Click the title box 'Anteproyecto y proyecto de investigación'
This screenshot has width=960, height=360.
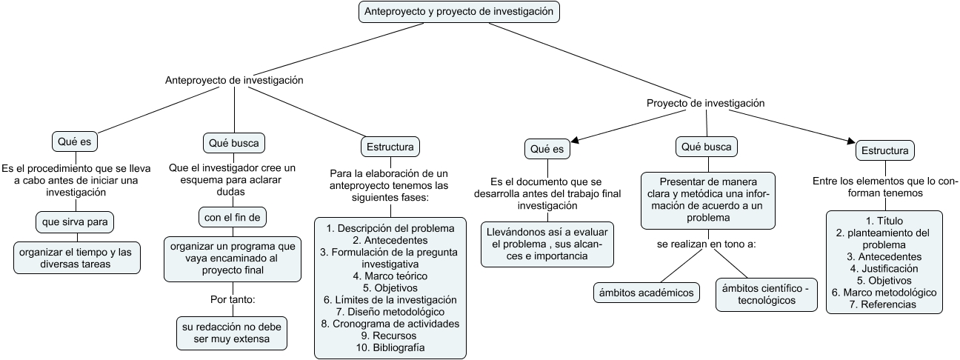(x=459, y=12)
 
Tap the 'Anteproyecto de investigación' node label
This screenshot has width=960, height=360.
(x=234, y=80)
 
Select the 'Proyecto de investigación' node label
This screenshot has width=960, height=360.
(x=705, y=104)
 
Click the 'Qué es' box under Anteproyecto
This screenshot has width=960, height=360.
(x=76, y=141)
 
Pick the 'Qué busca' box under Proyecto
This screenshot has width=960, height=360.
(x=707, y=147)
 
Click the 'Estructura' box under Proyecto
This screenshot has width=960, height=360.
(x=884, y=151)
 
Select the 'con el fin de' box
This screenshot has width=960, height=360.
(x=232, y=217)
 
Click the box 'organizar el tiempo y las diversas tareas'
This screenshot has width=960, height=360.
(x=77, y=258)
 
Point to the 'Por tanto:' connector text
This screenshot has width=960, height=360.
(x=233, y=300)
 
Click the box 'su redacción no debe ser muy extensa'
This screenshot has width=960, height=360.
(x=233, y=333)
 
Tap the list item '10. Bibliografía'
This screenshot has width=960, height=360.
(x=390, y=347)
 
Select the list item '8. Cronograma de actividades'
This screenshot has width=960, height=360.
(x=390, y=324)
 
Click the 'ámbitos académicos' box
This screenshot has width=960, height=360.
(x=647, y=293)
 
